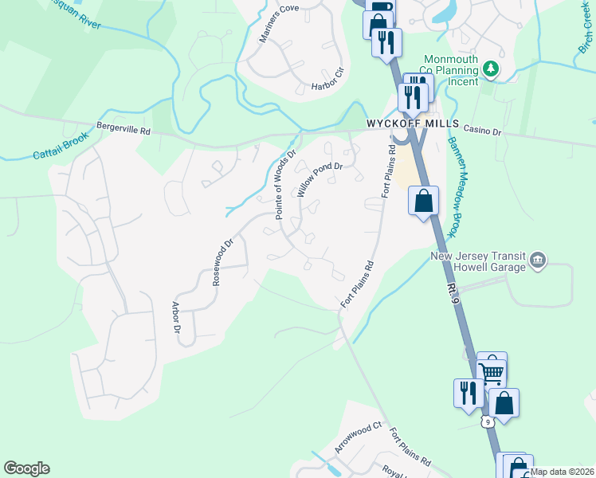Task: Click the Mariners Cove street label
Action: (278, 23)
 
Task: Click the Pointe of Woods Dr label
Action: (285, 185)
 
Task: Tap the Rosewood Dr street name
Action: (222, 263)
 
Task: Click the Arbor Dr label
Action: (177, 317)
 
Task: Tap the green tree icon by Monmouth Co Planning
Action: (492, 69)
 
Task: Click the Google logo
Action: (26, 468)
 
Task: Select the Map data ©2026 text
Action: (563, 472)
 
